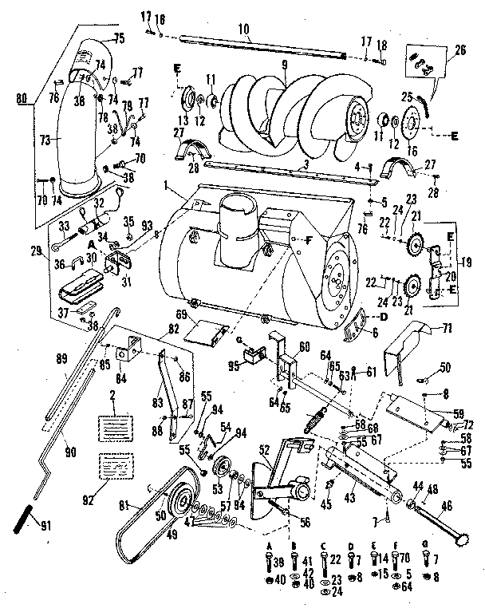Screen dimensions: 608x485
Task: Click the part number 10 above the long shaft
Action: point(242,29)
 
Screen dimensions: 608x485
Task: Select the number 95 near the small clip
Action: point(254,367)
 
